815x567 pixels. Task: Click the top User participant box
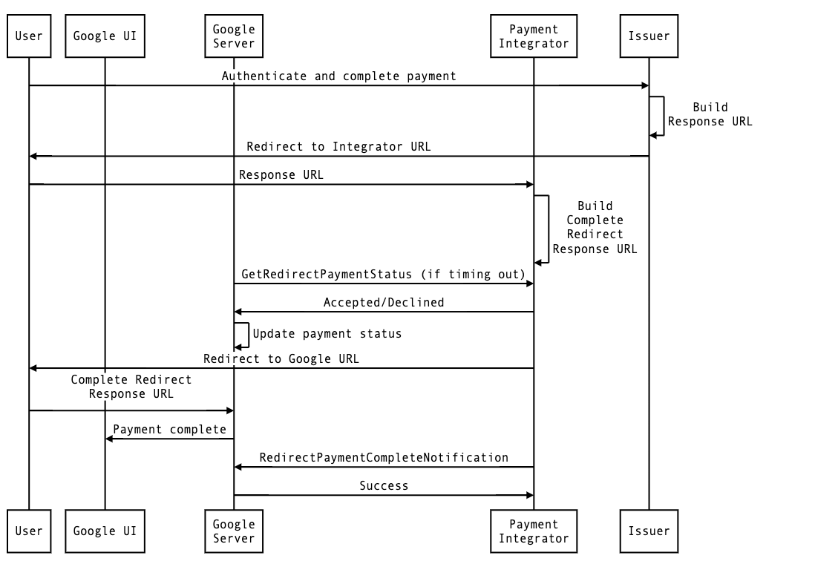point(29,36)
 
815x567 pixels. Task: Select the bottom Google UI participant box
point(105,531)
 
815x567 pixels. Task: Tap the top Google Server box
point(234,36)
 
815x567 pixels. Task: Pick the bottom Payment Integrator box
point(534,531)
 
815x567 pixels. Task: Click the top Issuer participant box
point(649,36)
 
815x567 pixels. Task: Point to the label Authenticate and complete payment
point(339,76)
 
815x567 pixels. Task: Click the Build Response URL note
point(710,114)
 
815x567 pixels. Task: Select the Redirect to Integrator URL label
point(338,146)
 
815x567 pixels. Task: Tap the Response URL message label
point(281,175)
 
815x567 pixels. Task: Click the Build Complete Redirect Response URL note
point(595,227)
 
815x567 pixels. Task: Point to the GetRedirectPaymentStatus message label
point(384,274)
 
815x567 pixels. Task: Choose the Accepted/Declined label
point(384,302)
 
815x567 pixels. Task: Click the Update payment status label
point(327,333)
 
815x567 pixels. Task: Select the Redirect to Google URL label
point(281,358)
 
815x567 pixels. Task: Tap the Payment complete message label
point(169,429)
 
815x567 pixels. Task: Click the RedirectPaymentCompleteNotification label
point(384,457)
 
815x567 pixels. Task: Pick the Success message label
point(384,485)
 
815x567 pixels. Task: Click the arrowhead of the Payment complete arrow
point(108,439)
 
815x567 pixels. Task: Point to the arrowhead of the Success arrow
point(530,495)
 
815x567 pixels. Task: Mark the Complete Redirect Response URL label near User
point(131,387)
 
